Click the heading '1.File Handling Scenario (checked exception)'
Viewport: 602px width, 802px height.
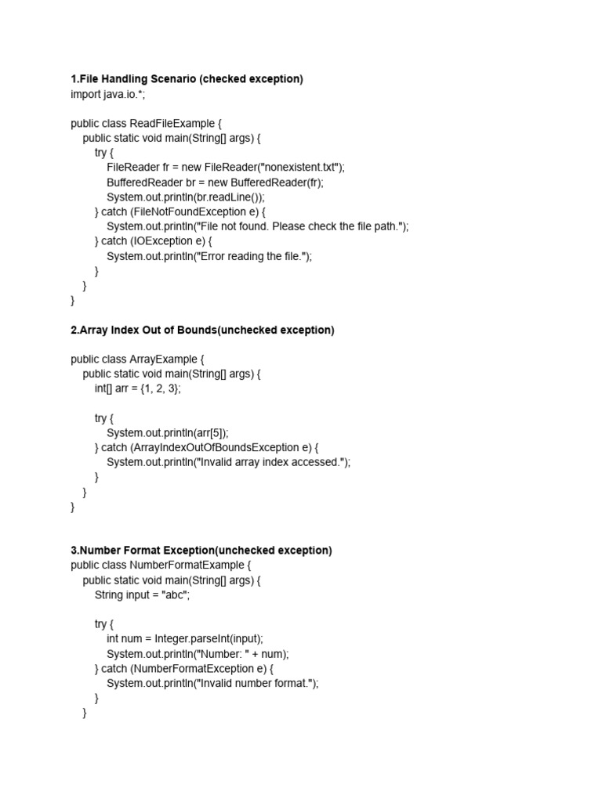pyautogui.click(x=187, y=79)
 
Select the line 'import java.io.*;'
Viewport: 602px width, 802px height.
pyautogui.click(x=107, y=94)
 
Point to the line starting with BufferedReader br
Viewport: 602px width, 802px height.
pyautogui.click(x=215, y=182)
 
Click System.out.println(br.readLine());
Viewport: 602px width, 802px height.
pyautogui.click(x=186, y=197)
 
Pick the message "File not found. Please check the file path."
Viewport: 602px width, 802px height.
pyautogui.click(x=302, y=226)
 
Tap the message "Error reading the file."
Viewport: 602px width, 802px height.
pyautogui.click(x=253, y=256)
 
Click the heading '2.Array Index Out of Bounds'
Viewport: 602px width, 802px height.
pyautogui.click(x=144, y=331)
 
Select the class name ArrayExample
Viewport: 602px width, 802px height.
pyautogui.click(x=165, y=359)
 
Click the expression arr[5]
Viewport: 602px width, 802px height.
pyautogui.click(x=210, y=433)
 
